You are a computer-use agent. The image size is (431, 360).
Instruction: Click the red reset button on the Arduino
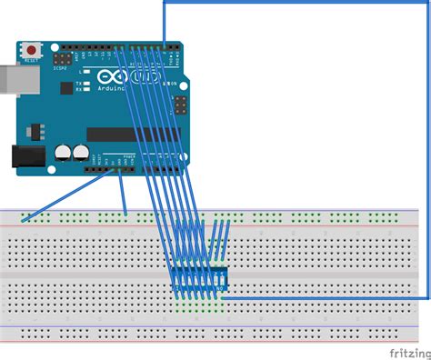click(33, 49)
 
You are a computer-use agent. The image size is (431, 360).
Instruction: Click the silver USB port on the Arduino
click(7, 80)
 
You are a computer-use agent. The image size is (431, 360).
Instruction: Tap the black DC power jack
click(25, 156)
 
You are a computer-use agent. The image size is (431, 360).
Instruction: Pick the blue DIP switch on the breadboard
click(199, 280)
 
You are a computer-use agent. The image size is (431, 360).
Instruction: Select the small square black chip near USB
click(66, 88)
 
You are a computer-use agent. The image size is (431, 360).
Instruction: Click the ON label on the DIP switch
click(221, 287)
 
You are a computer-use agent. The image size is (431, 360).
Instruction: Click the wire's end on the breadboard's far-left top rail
click(24, 219)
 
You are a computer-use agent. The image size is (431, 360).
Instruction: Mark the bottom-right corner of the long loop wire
click(427, 296)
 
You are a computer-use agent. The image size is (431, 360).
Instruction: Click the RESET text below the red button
click(33, 61)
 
